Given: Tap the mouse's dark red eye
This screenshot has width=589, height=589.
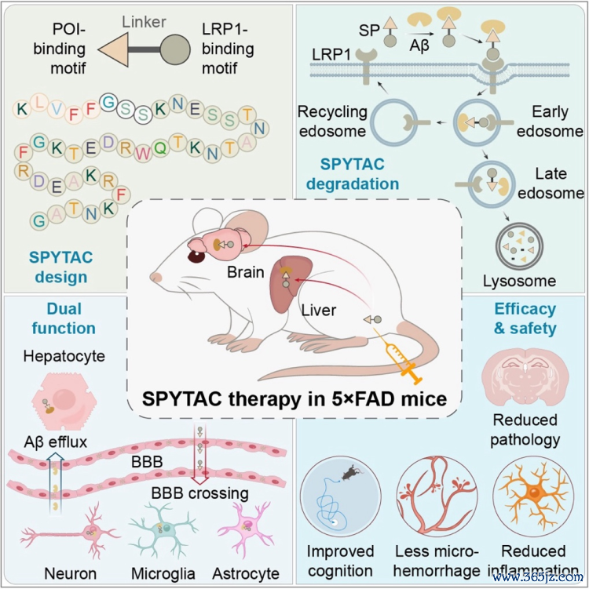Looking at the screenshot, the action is point(196,257).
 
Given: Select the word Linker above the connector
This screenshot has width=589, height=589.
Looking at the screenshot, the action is point(144,22).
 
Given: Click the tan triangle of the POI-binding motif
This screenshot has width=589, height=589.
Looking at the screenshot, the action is point(113,49).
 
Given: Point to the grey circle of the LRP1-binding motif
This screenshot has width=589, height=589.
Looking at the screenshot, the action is point(175,49).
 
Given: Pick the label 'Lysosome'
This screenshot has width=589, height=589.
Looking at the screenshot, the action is point(519,281).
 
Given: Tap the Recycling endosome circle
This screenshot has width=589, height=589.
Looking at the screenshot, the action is point(394,122).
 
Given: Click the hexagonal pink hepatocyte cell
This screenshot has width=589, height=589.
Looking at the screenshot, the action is point(64,402).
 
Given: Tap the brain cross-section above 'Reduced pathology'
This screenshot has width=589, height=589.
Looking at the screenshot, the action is point(525,380).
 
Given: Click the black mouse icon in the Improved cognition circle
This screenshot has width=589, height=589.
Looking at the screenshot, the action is point(351,472).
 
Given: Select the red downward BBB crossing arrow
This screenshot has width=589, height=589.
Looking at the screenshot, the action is point(199,456).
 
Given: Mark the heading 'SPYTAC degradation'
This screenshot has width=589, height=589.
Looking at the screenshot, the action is point(353,174).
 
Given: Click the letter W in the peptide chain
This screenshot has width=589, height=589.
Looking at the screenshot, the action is point(143,154).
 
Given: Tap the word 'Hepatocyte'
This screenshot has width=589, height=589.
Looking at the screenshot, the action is point(64,356).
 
